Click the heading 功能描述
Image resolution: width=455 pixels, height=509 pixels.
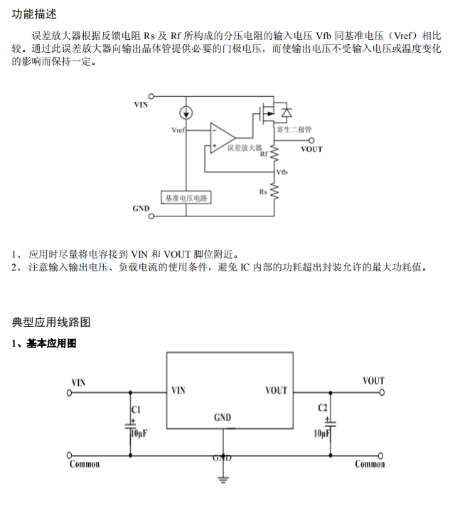pyautogui.click(x=34, y=14)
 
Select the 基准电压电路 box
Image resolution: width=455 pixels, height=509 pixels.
pyautogui.click(x=186, y=198)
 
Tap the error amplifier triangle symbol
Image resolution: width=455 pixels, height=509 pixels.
pyautogui.click(x=223, y=137)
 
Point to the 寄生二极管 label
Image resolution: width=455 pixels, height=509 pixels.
pyautogui.click(x=294, y=130)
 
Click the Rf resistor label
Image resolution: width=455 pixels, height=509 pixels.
pyautogui.click(x=264, y=154)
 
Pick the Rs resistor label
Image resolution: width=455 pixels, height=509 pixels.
pyautogui.click(x=263, y=191)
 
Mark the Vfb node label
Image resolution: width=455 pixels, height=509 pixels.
pyautogui.click(x=282, y=173)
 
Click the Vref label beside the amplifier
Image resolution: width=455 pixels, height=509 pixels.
pyautogui.click(x=179, y=131)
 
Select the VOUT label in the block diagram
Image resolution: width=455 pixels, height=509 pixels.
pyautogui.click(x=311, y=149)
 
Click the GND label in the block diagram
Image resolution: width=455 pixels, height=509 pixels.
pyautogui.click(x=141, y=209)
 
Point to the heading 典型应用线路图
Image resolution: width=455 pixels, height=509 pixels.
pyautogui.click(x=51, y=322)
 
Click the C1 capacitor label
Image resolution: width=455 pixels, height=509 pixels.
pyautogui.click(x=136, y=409)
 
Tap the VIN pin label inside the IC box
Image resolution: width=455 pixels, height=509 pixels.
pyautogui.click(x=178, y=390)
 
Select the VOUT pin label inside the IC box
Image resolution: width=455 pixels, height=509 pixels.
pyautogui.click(x=276, y=390)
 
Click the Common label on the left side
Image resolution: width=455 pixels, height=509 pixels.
pyautogui.click(x=85, y=465)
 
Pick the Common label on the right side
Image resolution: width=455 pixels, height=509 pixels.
pyautogui.click(x=370, y=465)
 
